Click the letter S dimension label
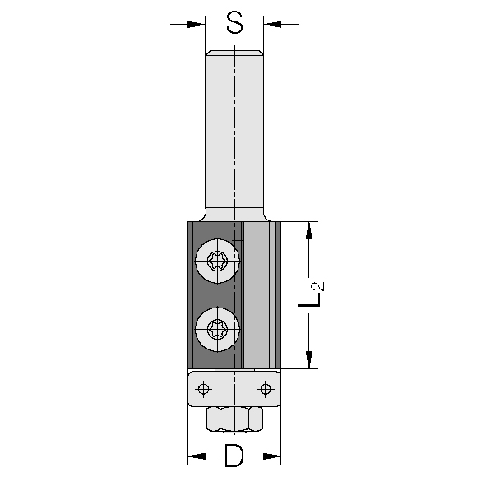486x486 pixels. click(x=234, y=22)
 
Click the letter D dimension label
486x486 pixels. click(x=234, y=456)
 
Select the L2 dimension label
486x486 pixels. click(x=311, y=294)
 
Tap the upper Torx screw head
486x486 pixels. click(x=218, y=261)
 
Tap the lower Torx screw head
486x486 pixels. click(x=218, y=329)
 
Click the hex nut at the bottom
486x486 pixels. click(x=234, y=419)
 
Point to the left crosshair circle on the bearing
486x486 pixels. click(x=204, y=388)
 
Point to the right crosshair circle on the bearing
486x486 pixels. click(x=266, y=388)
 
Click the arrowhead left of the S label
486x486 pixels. click(x=197, y=24)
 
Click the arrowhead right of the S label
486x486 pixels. click(x=272, y=24)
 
